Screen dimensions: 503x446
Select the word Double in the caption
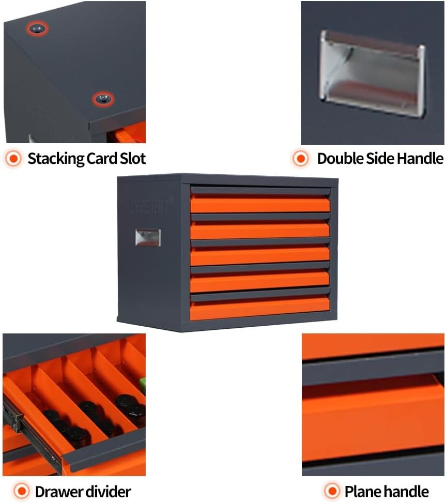[337, 158]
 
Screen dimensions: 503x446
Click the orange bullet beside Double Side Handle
[301, 158]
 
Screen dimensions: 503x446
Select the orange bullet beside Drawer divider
[21, 491]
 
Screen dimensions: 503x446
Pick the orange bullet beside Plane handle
[331, 491]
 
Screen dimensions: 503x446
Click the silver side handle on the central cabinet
[148, 237]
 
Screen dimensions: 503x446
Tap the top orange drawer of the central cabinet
[260, 204]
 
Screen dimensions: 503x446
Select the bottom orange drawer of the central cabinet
[260, 309]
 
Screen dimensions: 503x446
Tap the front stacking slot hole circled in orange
[103, 99]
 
